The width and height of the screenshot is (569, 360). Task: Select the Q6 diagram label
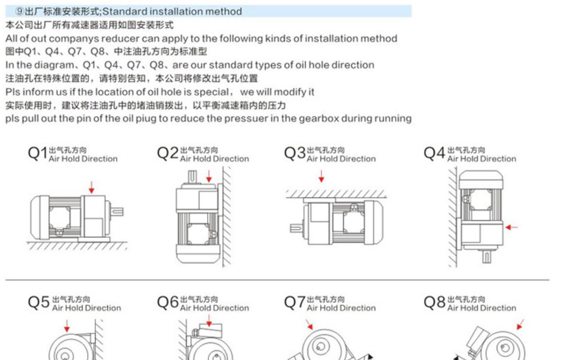coord(167,303)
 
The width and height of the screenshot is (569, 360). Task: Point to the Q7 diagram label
coord(295,303)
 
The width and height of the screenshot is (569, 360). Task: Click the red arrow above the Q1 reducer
coord(91,188)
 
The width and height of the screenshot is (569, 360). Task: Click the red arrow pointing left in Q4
coord(511,227)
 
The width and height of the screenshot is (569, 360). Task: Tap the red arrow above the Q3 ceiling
coord(321,176)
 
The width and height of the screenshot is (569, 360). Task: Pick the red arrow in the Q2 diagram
coord(209,176)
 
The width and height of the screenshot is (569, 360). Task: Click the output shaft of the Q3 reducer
coord(296,228)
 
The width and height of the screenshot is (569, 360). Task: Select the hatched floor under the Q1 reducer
coord(76,246)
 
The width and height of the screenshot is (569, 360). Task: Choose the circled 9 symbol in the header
coord(19,12)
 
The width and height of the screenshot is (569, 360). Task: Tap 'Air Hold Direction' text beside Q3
coord(341,159)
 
